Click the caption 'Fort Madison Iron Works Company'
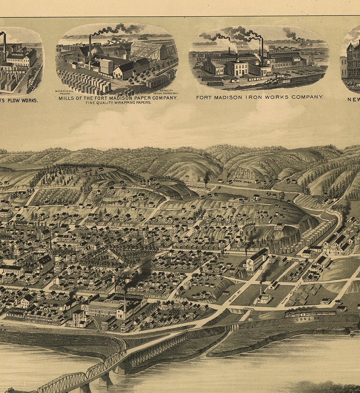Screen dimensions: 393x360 click(259, 97)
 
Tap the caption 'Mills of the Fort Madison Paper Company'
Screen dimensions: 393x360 click(118, 98)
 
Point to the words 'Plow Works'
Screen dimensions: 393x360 click(21, 100)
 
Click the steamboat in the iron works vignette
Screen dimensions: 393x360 click(305, 43)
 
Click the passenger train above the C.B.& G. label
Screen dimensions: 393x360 click(310, 314)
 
